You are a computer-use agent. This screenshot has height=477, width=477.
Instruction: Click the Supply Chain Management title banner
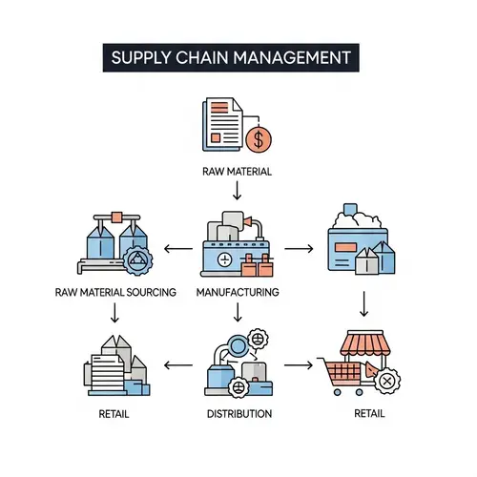coord(231,56)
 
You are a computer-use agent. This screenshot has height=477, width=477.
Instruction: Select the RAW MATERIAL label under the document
coord(237,173)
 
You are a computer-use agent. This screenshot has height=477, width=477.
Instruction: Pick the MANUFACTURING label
coord(238,293)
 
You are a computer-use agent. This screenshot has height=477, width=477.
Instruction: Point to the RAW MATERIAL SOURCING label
coord(115,293)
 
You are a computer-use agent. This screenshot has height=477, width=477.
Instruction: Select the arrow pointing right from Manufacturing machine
coord(298,249)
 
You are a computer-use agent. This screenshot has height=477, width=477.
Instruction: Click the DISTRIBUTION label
coord(239,414)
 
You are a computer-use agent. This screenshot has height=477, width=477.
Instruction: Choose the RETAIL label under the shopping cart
coord(369,413)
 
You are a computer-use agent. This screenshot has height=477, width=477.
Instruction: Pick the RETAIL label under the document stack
coord(114,414)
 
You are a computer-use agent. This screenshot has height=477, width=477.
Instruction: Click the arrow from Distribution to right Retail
coord(299,364)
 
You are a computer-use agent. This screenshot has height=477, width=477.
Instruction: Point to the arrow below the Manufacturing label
coord(238,312)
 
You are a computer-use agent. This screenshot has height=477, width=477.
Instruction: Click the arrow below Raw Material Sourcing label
coord(114,312)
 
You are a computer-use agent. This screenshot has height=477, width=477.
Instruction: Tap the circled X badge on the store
coord(387,382)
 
